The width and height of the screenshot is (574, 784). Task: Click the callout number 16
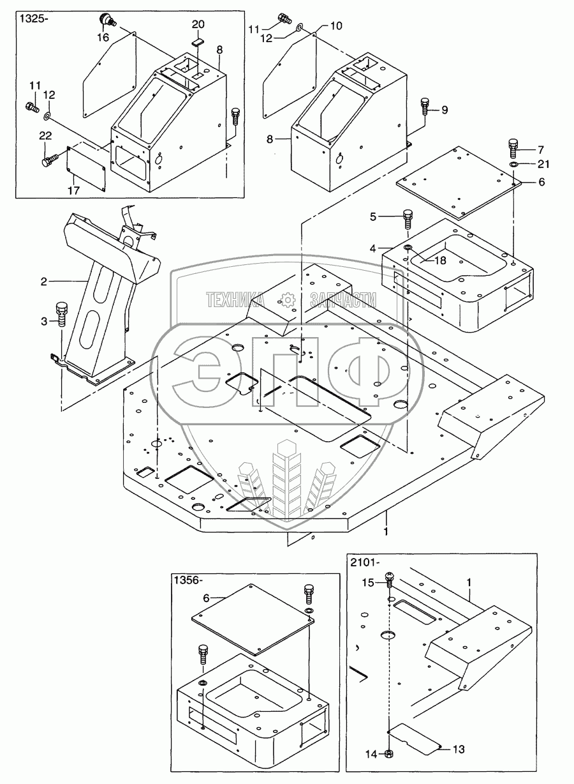pos(103,37)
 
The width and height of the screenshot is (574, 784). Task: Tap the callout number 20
pos(198,24)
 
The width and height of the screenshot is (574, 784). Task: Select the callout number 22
pos(45,135)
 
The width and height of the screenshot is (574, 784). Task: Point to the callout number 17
pos(74,190)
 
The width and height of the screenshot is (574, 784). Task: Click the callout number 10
pos(336,26)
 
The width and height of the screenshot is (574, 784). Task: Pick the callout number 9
pos(445,110)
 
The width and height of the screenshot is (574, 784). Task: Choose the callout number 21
pos(543,164)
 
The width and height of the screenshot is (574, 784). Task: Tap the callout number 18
pos(441,260)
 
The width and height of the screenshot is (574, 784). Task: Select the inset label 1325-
pos(33,19)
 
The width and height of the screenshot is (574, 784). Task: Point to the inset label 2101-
pos(365,562)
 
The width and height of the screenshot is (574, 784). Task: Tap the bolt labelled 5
pos(408,219)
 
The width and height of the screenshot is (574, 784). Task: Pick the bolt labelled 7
pos(513,148)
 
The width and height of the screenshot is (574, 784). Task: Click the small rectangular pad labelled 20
pos(197,42)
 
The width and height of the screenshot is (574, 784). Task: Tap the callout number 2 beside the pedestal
pos(44,282)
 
